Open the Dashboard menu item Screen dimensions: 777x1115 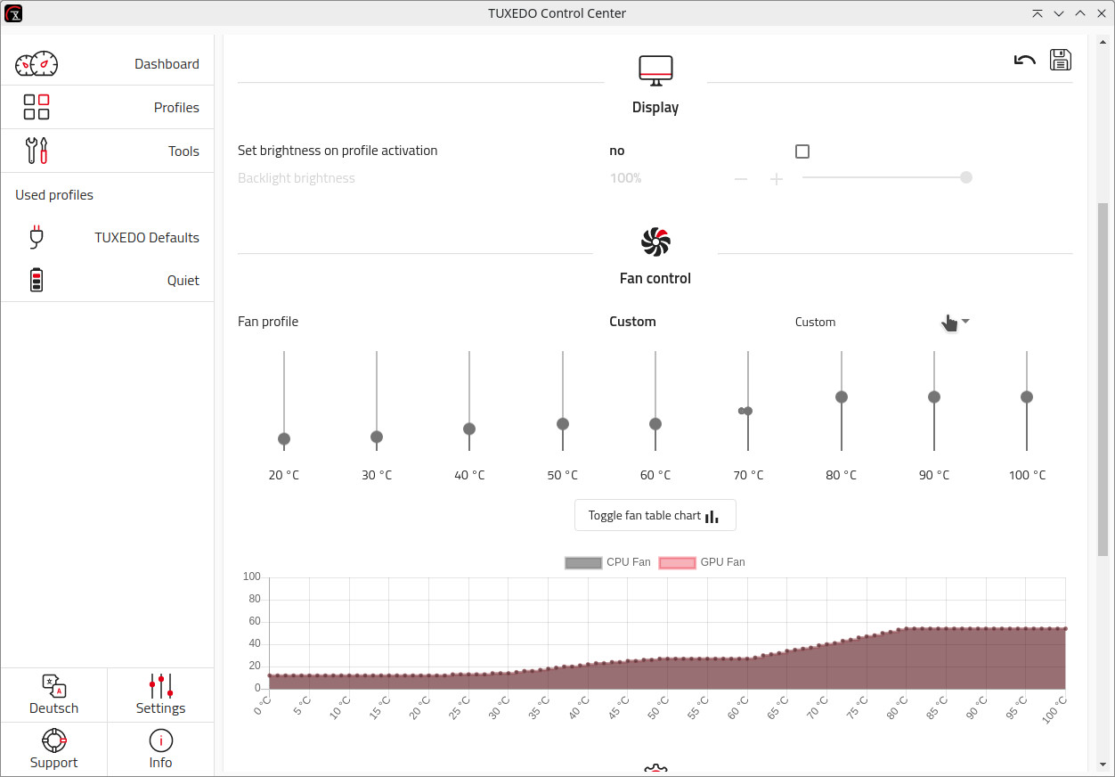(107, 64)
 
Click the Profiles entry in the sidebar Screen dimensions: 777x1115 (107, 108)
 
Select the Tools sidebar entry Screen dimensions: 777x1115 (107, 151)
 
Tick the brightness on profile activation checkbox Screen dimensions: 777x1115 (802, 151)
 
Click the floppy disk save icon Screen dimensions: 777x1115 (1060, 60)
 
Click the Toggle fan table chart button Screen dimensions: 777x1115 (655, 515)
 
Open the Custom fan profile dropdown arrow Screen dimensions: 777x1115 (965, 322)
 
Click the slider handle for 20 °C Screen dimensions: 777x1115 (284, 438)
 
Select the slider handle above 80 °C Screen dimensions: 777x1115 (842, 397)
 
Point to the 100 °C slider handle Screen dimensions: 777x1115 (1027, 397)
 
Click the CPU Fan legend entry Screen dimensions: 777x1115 (608, 562)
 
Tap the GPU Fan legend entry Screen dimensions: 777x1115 (702, 562)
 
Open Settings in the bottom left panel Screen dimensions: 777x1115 (160, 695)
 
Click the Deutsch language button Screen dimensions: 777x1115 (54, 695)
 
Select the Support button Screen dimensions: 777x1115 (54, 749)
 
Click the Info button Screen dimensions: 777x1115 (160, 749)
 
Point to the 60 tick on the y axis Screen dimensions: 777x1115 (254, 621)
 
